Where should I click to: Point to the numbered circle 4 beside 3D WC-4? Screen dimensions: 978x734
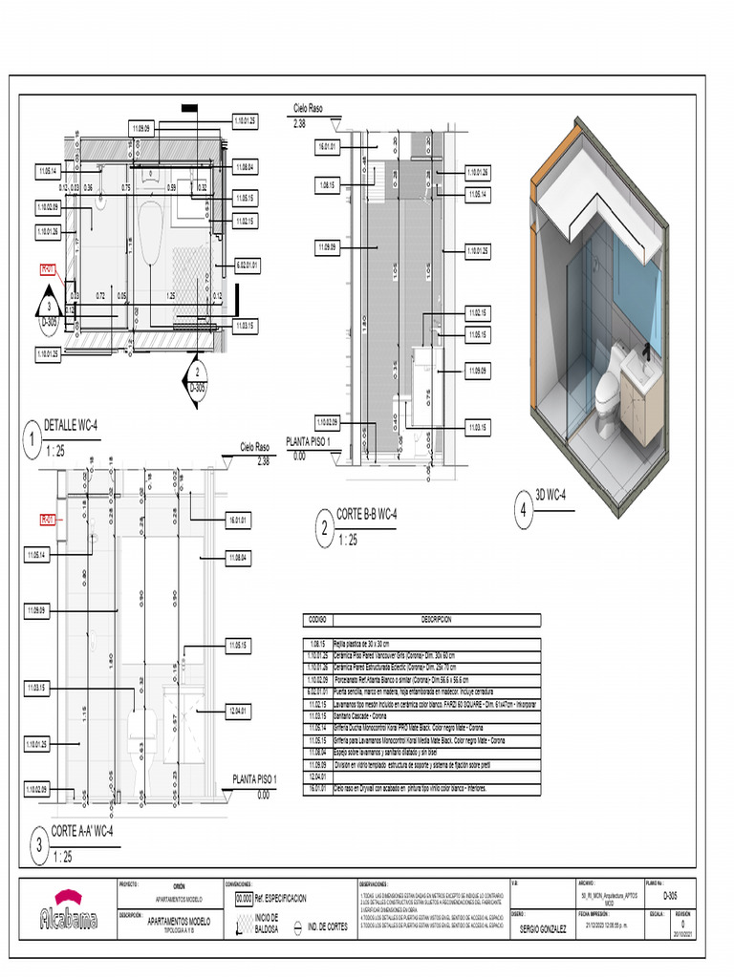point(523,509)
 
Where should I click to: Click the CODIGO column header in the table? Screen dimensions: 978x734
point(318,620)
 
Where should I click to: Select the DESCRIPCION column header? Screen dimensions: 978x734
point(443,620)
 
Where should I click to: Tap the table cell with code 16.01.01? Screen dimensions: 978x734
point(319,789)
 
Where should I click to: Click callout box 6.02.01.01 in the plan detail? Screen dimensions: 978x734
point(247,265)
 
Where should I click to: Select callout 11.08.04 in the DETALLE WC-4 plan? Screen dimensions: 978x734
point(245,166)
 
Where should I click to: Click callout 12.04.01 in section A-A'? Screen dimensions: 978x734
point(238,710)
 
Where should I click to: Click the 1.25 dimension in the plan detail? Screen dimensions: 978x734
point(171,296)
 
